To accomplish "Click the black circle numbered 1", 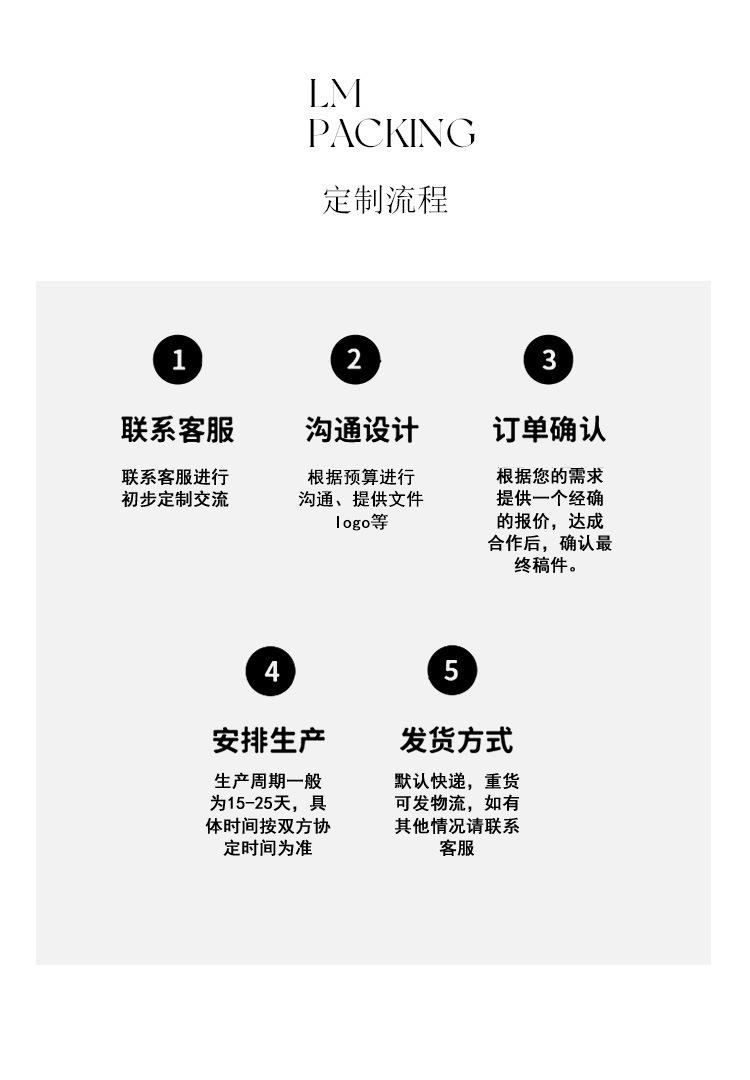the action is click(x=178, y=360).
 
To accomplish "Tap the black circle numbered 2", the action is click(x=355, y=360).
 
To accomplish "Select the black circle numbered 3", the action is click(x=548, y=360).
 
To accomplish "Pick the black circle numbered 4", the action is click(x=271, y=671).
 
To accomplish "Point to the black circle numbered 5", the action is click(x=452, y=670).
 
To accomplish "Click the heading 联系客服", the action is click(x=178, y=430).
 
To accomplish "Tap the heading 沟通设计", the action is click(x=361, y=430).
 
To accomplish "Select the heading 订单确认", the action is click(x=549, y=430).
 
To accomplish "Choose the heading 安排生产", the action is click(x=269, y=741).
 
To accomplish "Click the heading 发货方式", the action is click(x=456, y=741).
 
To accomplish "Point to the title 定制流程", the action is click(x=385, y=199).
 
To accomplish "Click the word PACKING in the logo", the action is click(x=391, y=133).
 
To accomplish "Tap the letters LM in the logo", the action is click(x=334, y=95).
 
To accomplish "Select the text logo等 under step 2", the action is click(x=361, y=522).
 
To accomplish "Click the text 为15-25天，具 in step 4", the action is click(x=268, y=804).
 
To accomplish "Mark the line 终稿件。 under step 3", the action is click(x=547, y=566).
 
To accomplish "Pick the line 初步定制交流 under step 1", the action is click(x=175, y=499).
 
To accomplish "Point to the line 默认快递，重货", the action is click(x=456, y=781).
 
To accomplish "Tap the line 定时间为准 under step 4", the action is click(x=268, y=848).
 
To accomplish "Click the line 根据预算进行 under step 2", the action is click(x=361, y=477).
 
